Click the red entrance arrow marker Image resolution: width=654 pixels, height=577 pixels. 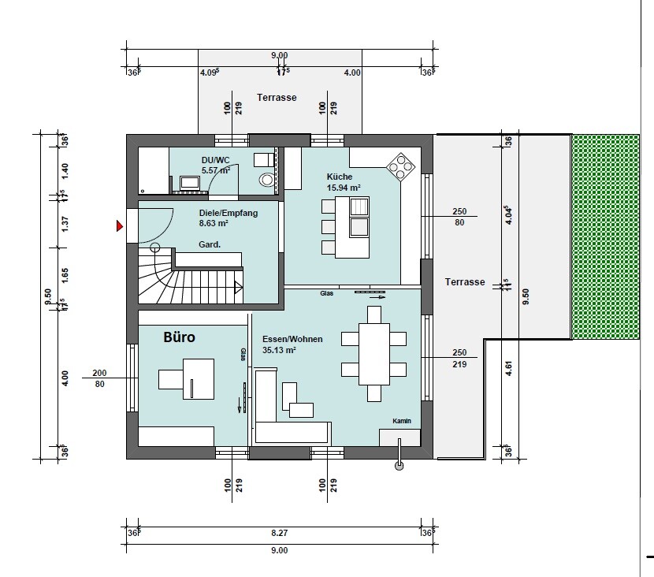(120, 226)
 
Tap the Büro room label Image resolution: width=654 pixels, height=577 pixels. (180, 337)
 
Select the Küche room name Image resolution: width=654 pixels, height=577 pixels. (340, 177)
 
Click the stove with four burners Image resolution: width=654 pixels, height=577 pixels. (401, 167)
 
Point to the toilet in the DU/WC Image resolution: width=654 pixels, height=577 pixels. (267, 180)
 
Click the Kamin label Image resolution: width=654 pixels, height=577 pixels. (402, 421)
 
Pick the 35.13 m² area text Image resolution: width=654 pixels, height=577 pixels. (279, 350)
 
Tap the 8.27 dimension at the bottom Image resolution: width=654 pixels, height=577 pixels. (280, 533)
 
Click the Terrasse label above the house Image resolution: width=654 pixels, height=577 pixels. (277, 98)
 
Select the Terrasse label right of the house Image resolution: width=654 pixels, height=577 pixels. (465, 282)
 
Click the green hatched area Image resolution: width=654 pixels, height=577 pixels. (605, 236)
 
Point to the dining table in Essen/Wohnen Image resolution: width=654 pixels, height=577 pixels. (374, 354)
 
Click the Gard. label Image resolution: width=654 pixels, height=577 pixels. (210, 244)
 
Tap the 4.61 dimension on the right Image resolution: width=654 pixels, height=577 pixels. (508, 368)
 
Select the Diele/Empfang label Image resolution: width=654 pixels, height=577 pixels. (229, 213)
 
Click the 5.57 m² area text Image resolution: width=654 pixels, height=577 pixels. (216, 170)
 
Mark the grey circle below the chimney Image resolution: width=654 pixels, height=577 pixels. (399, 466)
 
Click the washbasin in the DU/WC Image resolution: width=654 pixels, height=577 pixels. (190, 182)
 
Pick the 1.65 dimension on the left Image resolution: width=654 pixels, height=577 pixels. (65, 276)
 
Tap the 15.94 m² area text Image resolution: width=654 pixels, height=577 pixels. (344, 188)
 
